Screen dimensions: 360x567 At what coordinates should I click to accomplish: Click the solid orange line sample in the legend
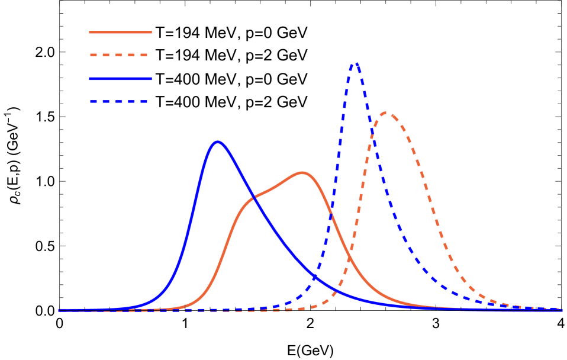[x=121, y=32]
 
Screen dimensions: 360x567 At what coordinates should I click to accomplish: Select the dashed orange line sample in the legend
[x=119, y=55]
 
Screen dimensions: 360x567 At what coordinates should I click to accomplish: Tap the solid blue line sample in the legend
[x=121, y=78]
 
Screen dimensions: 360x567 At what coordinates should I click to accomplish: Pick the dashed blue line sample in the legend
[x=119, y=101]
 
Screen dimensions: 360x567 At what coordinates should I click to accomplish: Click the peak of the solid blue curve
[x=218, y=142]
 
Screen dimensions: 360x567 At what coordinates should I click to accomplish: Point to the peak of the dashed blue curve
[x=355, y=63]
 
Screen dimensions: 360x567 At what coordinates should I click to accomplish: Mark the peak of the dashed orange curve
[x=386, y=112]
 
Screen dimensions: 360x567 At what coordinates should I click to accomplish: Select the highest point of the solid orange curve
[x=302, y=173]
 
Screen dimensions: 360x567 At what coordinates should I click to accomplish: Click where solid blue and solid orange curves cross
[x=253, y=197]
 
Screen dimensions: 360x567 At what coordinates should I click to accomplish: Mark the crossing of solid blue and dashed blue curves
[x=314, y=276]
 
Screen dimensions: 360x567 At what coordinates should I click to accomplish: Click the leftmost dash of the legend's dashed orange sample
[x=93, y=55]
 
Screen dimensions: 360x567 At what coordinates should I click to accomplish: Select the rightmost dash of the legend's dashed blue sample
[x=144, y=101]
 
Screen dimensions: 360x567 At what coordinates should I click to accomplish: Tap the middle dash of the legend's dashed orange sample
[x=119, y=55]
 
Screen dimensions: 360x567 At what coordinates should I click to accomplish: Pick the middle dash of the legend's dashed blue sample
[x=118, y=101]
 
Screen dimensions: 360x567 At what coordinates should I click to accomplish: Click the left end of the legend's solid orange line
[x=90, y=32]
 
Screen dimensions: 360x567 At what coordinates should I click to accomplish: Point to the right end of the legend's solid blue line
[x=152, y=78]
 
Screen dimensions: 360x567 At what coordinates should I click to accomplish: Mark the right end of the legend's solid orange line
[x=152, y=32]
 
